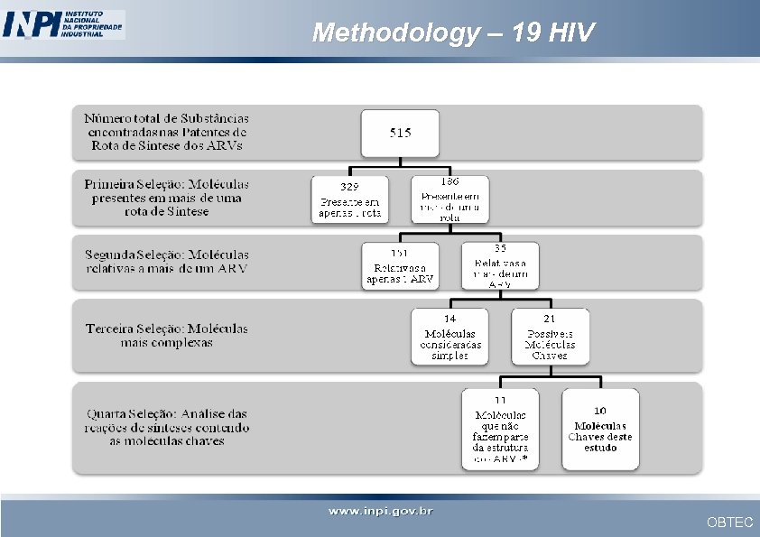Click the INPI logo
(63, 24)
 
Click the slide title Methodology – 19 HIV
(453, 33)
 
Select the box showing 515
(400, 133)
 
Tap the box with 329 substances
(350, 199)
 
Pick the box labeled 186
(450, 199)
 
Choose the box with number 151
(400, 266)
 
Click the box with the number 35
(500, 266)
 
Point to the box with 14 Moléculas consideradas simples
(450, 337)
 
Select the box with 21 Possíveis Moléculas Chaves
(550, 337)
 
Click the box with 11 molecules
(500, 429)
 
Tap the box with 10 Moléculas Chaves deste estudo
(600, 429)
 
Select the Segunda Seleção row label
(167, 261)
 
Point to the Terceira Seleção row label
(167, 335)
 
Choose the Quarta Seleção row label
(168, 427)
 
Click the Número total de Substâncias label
(167, 132)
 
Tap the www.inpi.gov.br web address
(380, 512)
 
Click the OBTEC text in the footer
(729, 523)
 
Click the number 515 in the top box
(400, 133)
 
